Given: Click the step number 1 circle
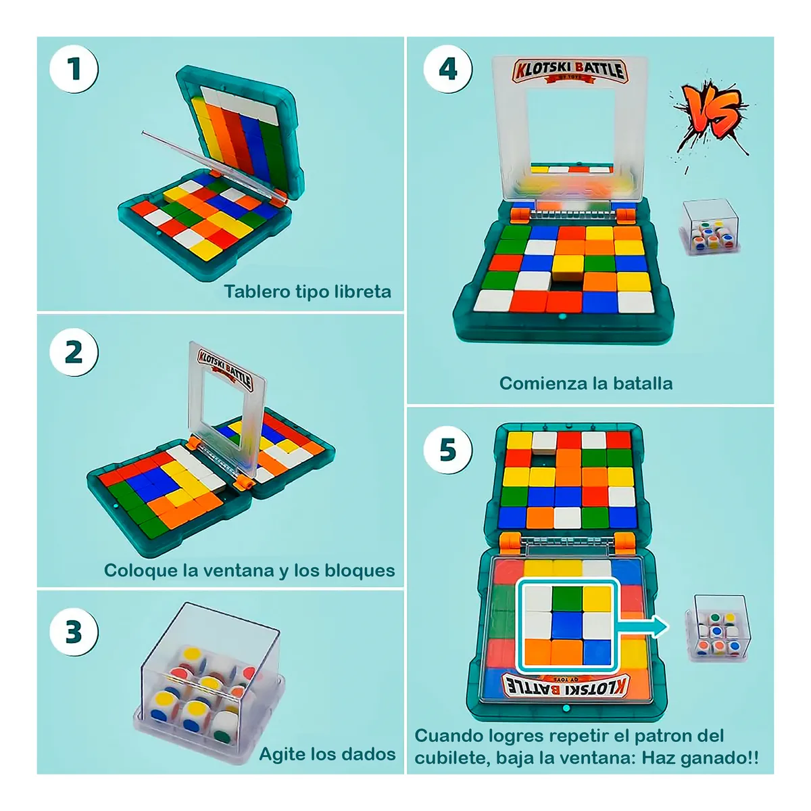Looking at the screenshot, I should (74, 69).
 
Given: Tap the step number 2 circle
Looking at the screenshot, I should (74, 352).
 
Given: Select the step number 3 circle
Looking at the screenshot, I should (74, 632).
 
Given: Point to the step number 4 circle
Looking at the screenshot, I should (447, 69).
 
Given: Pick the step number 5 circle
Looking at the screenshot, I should (447, 450).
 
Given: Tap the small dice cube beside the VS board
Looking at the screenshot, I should (711, 227).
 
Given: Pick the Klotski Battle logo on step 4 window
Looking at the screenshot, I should (570, 70).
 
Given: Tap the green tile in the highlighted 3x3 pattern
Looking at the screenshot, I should (566, 599).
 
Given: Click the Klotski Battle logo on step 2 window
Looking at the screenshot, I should (225, 368).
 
